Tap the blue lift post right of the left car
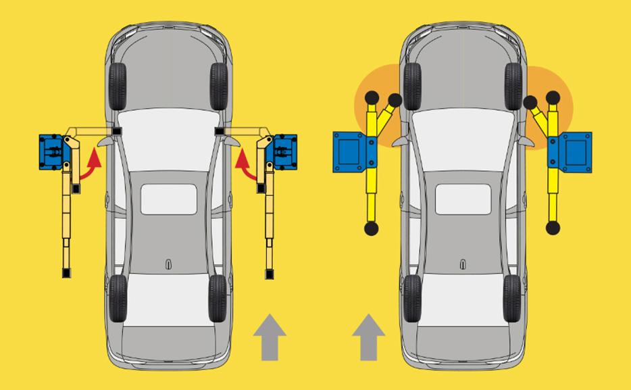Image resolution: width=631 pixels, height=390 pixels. [283, 150]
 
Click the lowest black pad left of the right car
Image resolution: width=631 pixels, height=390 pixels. [371, 229]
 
